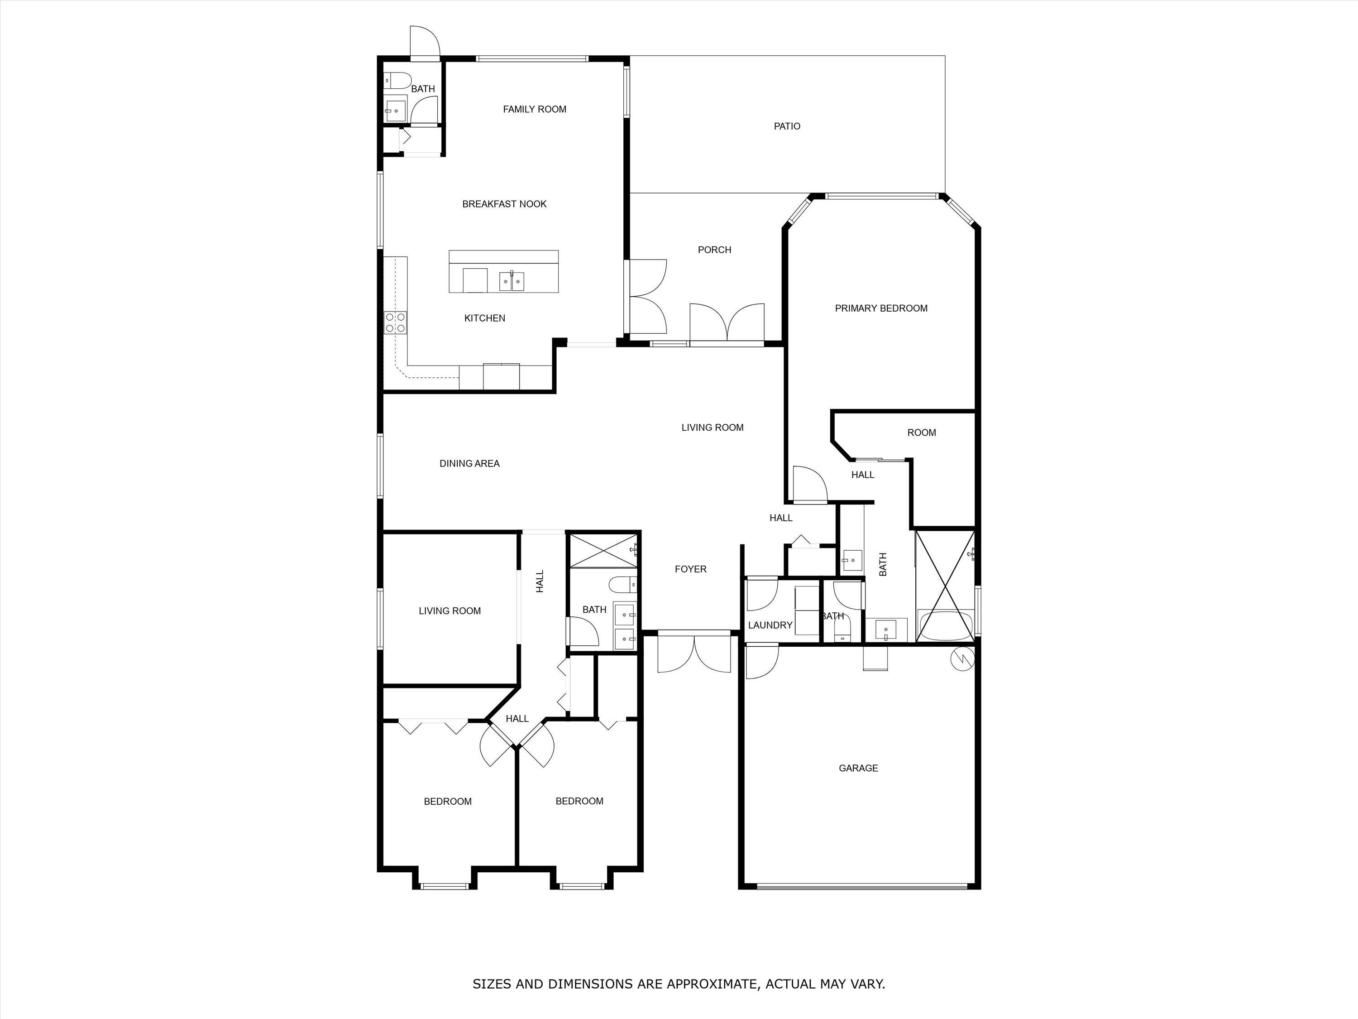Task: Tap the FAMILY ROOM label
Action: point(534,109)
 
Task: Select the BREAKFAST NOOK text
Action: point(504,204)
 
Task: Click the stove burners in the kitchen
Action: point(395,322)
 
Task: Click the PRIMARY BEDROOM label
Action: point(880,308)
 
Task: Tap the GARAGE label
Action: point(858,768)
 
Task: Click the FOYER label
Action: point(690,569)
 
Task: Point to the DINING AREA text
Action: point(469,464)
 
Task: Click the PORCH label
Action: point(714,250)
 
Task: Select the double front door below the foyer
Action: point(694,654)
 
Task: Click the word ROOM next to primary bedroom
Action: point(921,433)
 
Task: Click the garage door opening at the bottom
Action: point(861,886)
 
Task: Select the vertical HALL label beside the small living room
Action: point(540,581)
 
